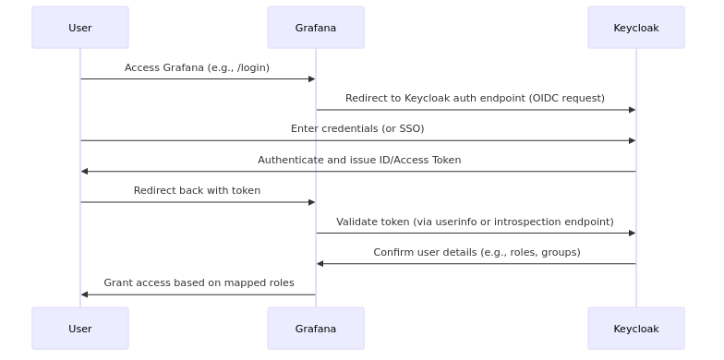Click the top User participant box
[80, 28]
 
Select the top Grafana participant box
[316, 28]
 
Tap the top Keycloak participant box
[636, 28]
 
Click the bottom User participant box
[80, 329]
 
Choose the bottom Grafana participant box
[316, 329]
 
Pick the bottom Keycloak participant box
[636, 329]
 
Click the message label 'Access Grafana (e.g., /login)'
[197, 67]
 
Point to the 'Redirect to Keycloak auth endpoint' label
[475, 98]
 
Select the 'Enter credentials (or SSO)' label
[357, 128]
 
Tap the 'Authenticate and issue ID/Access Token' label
[359, 160]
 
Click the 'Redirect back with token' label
[197, 190]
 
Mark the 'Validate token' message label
[475, 222]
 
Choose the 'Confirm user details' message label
[477, 252]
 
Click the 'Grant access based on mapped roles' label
[199, 282]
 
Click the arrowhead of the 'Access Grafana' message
[311, 79]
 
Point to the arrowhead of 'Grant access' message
[85, 294]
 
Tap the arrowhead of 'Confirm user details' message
[320, 264]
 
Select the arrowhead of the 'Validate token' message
[632, 233]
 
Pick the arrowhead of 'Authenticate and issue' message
[85, 172]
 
